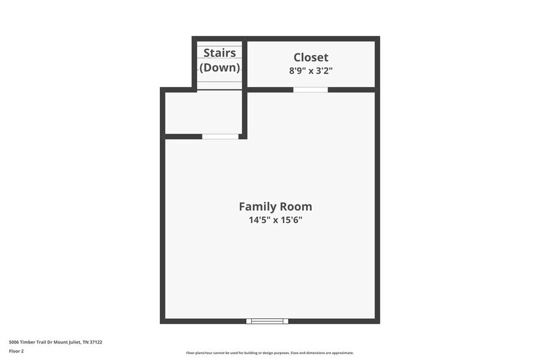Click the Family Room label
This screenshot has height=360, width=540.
[x=275, y=206]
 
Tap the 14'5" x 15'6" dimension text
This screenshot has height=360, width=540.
[x=275, y=220]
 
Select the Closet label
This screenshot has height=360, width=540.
[x=311, y=58]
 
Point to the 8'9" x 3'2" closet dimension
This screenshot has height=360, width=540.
[x=311, y=70]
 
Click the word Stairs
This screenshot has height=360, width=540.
[x=219, y=53]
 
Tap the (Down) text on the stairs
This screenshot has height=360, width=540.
[x=220, y=67]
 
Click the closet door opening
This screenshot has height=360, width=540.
[x=310, y=90]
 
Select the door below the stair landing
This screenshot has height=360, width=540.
[x=220, y=137]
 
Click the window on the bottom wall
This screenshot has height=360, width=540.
[x=267, y=321]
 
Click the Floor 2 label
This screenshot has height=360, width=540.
[x=17, y=351]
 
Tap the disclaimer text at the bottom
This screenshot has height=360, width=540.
[x=269, y=353]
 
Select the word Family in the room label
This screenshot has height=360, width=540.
[x=255, y=206]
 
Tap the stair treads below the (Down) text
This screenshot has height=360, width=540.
[x=219, y=82]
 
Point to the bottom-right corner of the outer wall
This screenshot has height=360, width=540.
[x=377, y=321]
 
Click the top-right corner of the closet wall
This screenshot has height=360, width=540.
[x=377, y=39]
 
